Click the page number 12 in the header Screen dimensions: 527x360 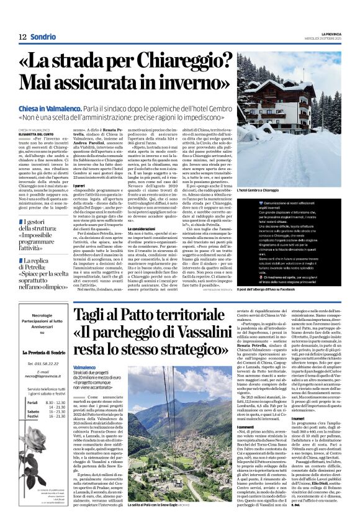click(22, 36)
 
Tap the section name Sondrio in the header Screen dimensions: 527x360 click(43, 36)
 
